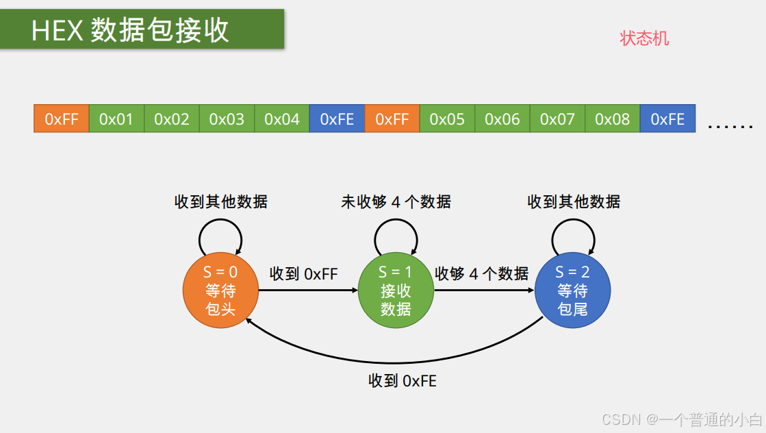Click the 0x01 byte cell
click(116, 119)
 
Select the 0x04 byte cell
click(282, 119)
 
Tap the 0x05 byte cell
click(447, 119)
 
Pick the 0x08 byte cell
click(612, 119)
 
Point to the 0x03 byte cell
click(227, 119)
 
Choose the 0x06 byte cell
click(502, 119)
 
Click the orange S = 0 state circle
click(220, 290)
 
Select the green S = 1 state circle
click(396, 290)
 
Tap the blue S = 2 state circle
click(572, 290)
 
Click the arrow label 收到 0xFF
click(304, 274)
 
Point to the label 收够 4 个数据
click(482, 274)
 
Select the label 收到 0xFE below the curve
click(402, 381)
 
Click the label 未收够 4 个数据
click(396, 201)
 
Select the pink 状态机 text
click(644, 38)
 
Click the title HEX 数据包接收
click(130, 31)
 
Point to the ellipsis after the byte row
click(730, 126)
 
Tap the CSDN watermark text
click(682, 419)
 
